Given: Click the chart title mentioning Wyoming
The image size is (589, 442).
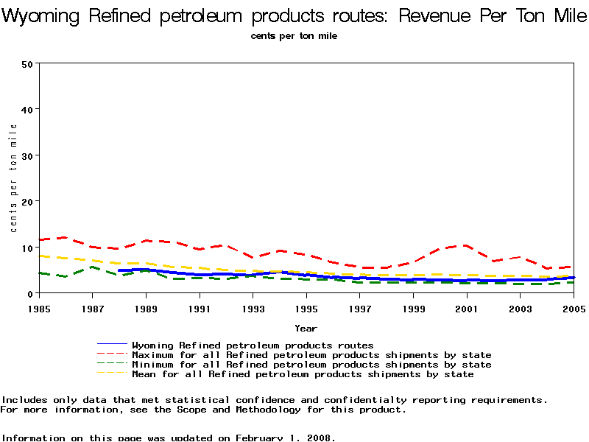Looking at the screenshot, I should [294, 16].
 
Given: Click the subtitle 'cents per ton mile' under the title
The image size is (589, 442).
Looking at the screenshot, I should [294, 36].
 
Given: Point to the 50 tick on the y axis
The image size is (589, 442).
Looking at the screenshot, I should [28, 63].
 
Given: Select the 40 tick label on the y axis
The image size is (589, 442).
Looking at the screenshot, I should [28, 109].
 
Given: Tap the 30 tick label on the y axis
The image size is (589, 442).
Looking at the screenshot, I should [28, 155].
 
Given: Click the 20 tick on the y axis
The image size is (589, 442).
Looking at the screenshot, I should [28, 201].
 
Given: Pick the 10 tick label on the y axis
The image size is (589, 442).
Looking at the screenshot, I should [28, 248].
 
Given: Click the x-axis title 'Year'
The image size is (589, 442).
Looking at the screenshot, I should [306, 328].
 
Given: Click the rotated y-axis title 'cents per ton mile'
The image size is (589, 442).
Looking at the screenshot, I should [14, 178].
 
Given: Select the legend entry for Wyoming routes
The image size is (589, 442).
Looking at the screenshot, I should [253, 345].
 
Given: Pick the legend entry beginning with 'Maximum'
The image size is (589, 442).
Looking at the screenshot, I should [311, 354].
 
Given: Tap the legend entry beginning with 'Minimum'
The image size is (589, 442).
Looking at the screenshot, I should [311, 364].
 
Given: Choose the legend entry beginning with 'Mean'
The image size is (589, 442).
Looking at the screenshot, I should [303, 373].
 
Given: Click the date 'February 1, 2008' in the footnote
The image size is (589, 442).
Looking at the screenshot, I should [285, 437].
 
